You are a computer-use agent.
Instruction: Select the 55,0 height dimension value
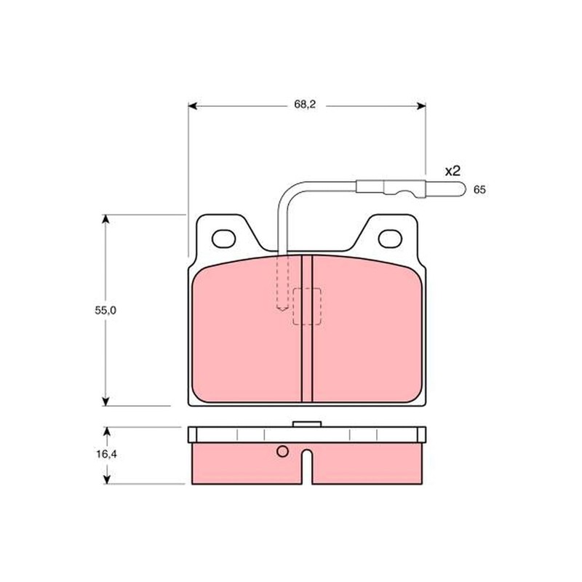point(105,310)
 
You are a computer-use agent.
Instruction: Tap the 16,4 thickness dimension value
point(106,454)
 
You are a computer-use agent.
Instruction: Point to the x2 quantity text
point(453,171)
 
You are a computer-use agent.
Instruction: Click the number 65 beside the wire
point(479,190)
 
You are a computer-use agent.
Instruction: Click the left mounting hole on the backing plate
point(223,237)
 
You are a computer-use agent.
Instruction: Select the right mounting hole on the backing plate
point(391,237)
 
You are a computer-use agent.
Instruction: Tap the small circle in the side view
point(282,451)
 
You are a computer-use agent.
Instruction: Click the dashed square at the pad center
point(307,307)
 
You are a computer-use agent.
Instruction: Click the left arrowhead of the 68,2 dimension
point(193,106)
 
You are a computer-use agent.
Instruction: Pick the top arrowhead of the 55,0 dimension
point(106,219)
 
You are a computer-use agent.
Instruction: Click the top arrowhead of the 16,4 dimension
point(106,431)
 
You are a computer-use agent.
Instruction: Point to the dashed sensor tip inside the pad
point(282,306)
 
